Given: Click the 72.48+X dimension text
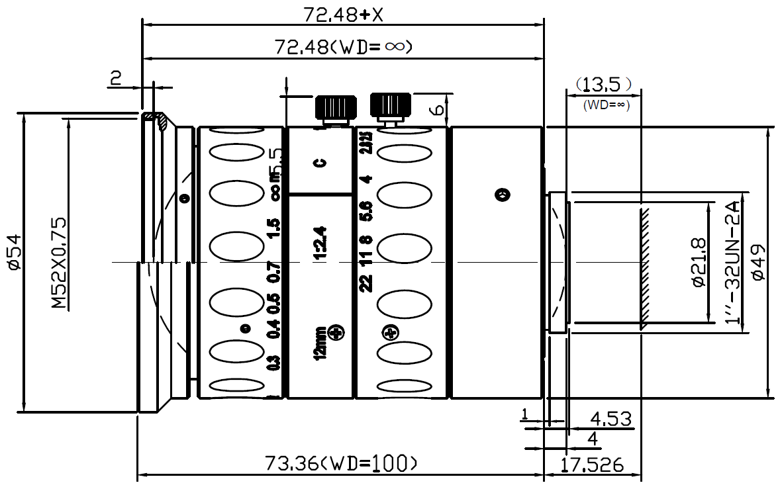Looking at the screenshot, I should tap(342, 13).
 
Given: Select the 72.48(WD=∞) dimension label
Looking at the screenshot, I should tap(344, 47).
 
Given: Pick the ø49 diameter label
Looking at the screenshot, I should tap(759, 261).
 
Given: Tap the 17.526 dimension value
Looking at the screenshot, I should tap(593, 465).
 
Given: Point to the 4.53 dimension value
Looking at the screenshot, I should tap(610, 418).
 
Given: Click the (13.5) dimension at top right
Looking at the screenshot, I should tap(603, 84).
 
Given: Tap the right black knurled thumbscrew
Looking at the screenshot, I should tap(391, 104).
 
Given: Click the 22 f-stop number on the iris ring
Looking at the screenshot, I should tap(366, 283).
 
